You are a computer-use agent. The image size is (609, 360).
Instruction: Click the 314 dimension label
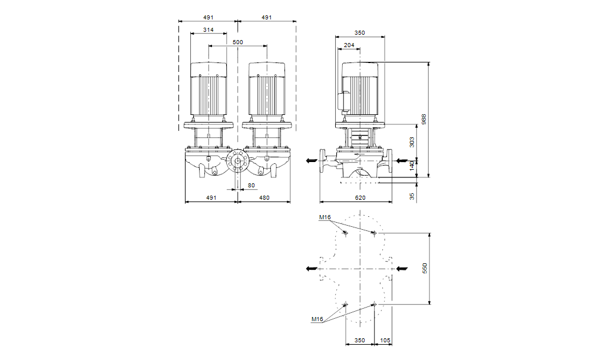tap(208, 29)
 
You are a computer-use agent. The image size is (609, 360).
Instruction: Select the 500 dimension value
tap(237, 42)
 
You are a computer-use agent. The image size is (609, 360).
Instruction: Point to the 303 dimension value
tap(412, 141)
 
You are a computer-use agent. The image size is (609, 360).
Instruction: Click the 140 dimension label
tap(412, 166)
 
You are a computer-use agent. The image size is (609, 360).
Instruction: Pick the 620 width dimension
tap(356, 198)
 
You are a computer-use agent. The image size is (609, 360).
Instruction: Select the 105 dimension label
tap(385, 341)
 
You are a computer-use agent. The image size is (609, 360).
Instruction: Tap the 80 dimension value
tap(251, 186)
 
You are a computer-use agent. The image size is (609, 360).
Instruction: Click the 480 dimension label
tap(264, 198)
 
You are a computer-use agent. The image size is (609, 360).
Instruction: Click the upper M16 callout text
tap(325, 217)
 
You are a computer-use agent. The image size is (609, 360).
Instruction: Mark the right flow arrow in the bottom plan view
tap(402, 268)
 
